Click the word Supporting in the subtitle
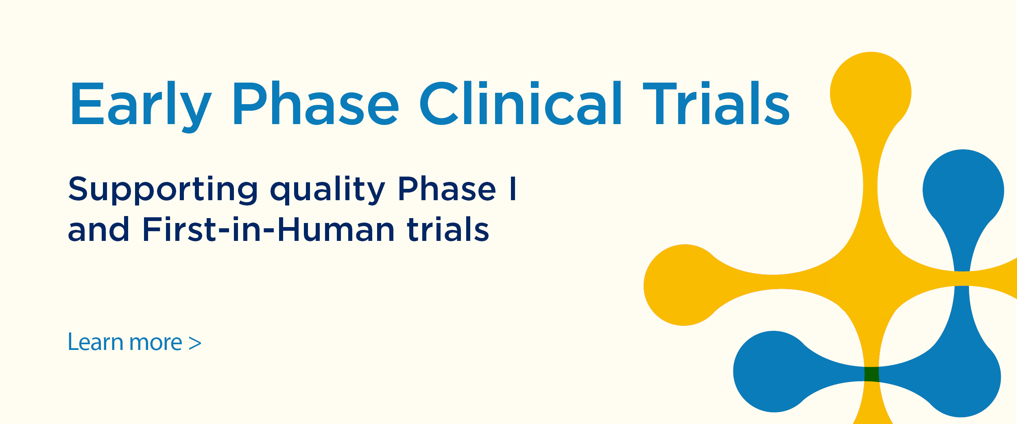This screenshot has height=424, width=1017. pos(163,190)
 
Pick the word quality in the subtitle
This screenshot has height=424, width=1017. pos(327,190)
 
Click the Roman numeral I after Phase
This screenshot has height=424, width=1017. pos(513,188)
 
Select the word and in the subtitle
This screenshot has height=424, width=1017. pos(98,229)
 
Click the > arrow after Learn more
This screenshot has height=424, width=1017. pos(195,343)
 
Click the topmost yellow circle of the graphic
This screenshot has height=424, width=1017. pos(871,93)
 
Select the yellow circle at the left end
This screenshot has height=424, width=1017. pos(684,285)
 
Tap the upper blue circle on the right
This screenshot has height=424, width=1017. pos(963,190)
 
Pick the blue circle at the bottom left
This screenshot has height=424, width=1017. pos(774,372)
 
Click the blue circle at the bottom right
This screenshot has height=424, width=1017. pos(960,376)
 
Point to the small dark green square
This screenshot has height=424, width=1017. pos(871,374)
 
